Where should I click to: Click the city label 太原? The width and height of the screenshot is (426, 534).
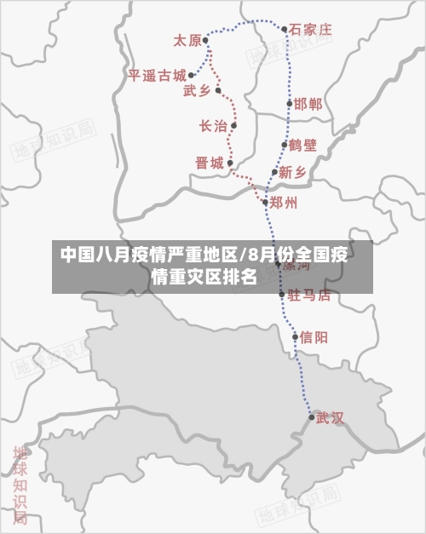(187, 40)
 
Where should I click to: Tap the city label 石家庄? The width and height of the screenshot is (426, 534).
(310, 29)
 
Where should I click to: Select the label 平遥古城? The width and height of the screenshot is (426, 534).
(157, 75)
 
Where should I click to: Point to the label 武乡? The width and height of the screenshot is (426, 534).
(197, 90)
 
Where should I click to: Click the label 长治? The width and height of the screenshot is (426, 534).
(213, 126)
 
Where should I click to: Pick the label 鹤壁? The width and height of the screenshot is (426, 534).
(302, 145)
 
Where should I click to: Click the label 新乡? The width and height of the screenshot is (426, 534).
(292, 172)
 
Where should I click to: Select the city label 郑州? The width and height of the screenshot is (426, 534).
(284, 203)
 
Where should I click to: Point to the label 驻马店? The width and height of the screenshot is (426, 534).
(309, 295)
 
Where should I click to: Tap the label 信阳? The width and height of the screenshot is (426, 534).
(314, 336)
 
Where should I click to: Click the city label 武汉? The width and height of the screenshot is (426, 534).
(330, 417)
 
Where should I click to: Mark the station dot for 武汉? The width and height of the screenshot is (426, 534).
(311, 416)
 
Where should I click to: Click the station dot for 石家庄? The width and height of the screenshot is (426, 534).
(285, 29)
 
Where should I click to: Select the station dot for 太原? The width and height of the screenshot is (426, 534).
(206, 40)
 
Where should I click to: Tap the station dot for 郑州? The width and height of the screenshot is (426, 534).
(266, 202)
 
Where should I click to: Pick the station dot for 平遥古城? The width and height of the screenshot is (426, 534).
(191, 75)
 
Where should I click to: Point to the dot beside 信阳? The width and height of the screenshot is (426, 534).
(296, 336)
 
